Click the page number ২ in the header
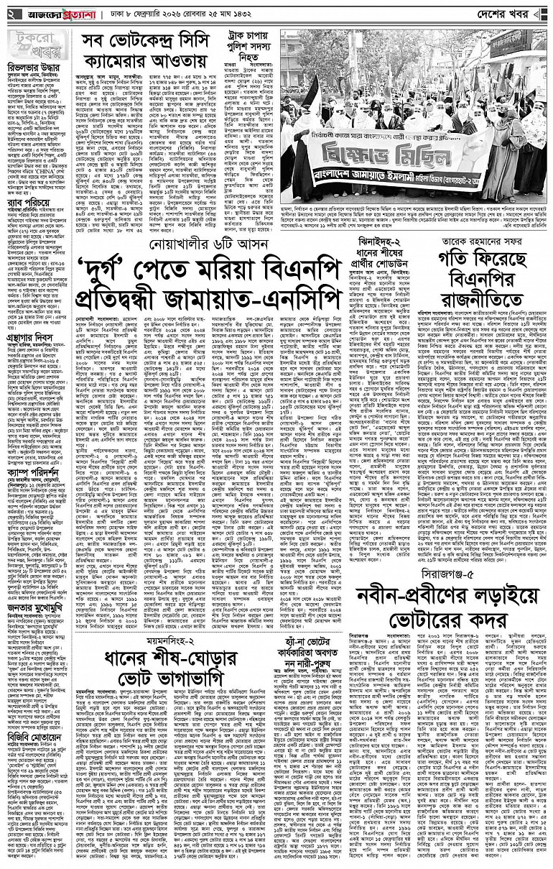pos(10,14)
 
